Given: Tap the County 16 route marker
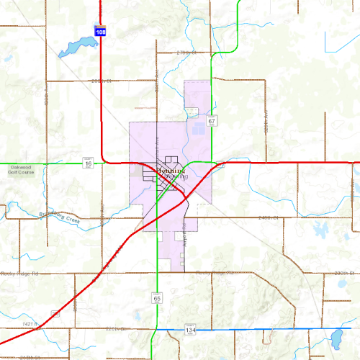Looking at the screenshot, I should click(x=88, y=164).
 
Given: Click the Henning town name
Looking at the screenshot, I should click(x=171, y=171).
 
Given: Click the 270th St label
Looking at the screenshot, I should click(x=186, y=53).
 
